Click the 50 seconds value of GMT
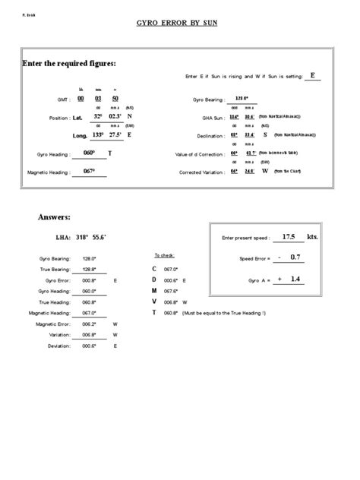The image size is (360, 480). pyautogui.click(x=114, y=98)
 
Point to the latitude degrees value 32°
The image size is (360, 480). pyautogui.click(x=98, y=116)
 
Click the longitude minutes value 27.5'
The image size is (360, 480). pyautogui.click(x=115, y=134)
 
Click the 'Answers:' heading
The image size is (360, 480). pyautogui.click(x=54, y=217)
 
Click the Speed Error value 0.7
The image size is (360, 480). pyautogui.click(x=295, y=257)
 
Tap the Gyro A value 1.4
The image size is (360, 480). pyautogui.click(x=295, y=279)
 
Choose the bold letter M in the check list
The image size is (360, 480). pyautogui.click(x=155, y=290)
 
